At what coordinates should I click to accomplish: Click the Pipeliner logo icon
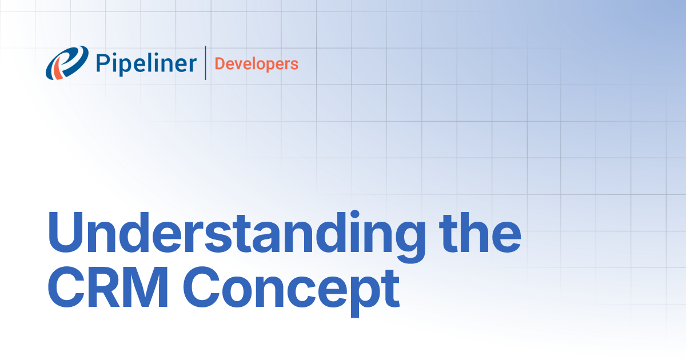[x=67, y=62]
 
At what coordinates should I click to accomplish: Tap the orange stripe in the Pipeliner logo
[x=57, y=69]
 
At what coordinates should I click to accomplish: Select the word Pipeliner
[x=146, y=63]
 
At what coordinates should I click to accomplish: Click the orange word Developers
[x=256, y=63]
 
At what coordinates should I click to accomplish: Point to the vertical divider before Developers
[x=205, y=63]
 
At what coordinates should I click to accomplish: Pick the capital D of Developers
[x=220, y=63]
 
